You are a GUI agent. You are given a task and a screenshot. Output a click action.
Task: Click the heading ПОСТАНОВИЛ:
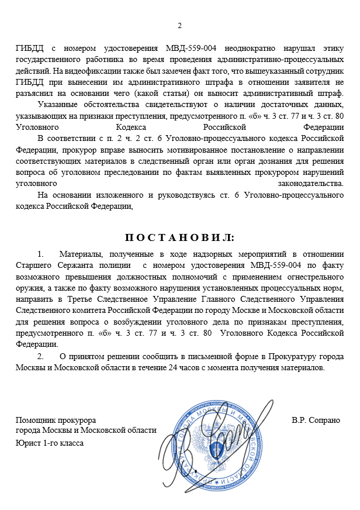[x=179, y=237]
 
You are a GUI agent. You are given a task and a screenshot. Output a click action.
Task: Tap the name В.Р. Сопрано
[x=316, y=421]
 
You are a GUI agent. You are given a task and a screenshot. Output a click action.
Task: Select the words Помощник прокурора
[x=56, y=421]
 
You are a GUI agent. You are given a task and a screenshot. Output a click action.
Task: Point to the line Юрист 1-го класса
[x=50, y=443]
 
